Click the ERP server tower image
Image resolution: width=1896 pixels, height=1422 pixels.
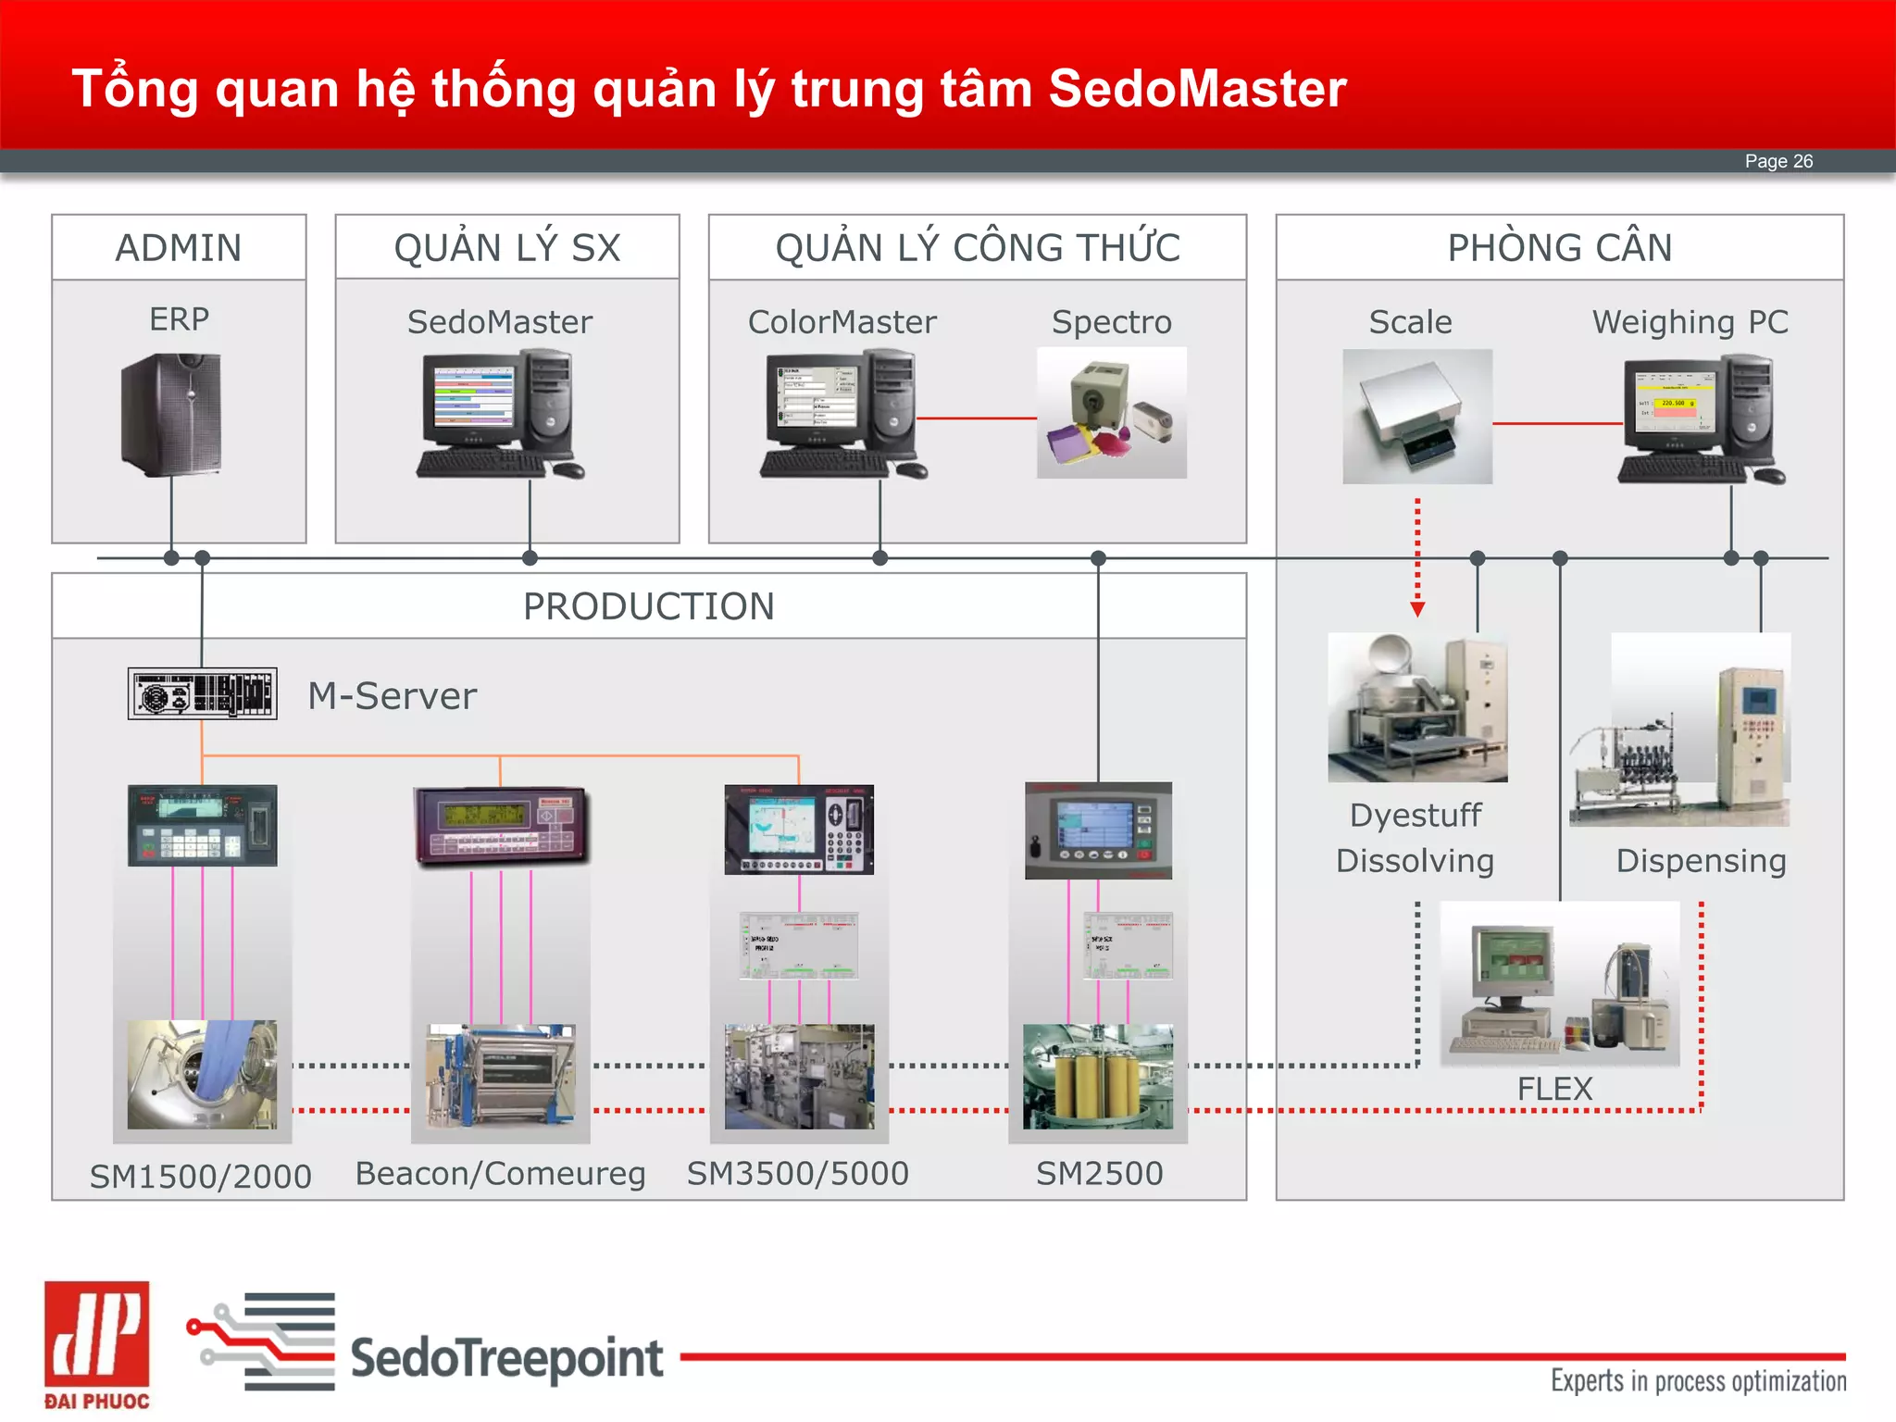172,414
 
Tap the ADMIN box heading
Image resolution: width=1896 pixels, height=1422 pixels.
179,247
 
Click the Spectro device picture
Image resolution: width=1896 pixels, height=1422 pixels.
1111,413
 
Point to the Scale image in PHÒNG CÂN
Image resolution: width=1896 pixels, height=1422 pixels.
1416,416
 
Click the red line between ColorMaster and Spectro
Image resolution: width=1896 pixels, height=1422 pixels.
976,418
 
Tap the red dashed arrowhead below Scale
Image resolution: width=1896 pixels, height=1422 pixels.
1417,609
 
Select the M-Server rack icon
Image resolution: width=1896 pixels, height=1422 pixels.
202,693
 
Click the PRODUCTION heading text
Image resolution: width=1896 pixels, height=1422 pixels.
648,606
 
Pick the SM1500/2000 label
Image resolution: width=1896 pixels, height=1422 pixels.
201,1176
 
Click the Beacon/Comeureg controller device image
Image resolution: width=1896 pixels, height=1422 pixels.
501,826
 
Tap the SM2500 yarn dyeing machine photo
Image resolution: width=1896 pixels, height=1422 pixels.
1098,1076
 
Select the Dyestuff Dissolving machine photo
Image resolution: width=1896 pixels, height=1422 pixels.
1417,707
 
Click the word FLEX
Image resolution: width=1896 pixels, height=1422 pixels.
1554,1089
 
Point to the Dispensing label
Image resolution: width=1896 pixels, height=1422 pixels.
1701,860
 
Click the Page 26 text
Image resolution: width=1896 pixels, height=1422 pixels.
1778,161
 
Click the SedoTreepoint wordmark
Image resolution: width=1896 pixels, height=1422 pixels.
506,1358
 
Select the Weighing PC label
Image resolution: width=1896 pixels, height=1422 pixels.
1690,321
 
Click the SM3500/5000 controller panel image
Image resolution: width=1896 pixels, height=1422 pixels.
799,829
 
